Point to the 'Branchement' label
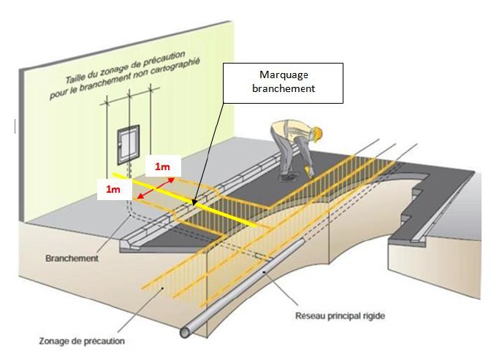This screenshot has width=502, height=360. (x=72, y=258)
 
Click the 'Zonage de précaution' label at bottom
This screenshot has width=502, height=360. (x=83, y=340)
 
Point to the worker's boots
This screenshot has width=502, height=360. (x=286, y=175)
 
